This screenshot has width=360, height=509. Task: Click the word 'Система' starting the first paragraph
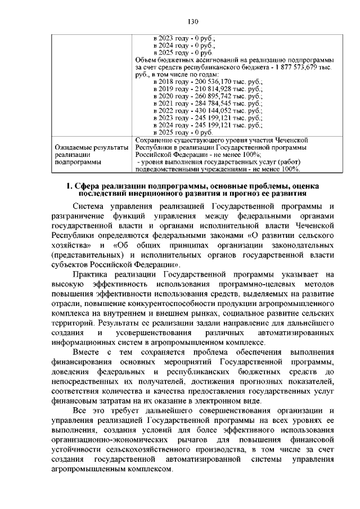tap(91, 206)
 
